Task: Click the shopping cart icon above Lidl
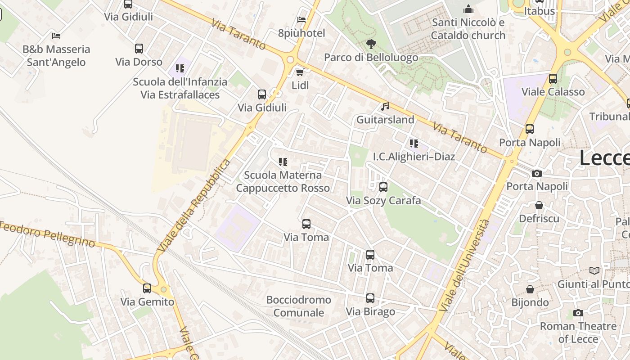pos(300,72)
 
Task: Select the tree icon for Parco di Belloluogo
pos(371,44)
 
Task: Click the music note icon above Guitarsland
pos(385,107)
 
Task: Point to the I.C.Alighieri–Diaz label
pos(414,157)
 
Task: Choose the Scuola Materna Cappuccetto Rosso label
pos(283,181)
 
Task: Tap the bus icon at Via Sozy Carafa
pos(383,187)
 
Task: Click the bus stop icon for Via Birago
pos(370,298)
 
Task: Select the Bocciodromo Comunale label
pos(299,306)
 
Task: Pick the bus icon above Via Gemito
pos(147,288)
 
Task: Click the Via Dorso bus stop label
pos(139,62)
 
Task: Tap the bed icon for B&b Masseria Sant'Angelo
pos(56,36)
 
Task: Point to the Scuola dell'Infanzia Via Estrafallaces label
pos(180,88)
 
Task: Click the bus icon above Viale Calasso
pos(553,79)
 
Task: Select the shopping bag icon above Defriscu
pos(539,206)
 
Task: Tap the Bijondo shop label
pos(530,302)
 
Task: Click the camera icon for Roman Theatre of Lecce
pos(578,313)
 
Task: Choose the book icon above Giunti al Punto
pos(594,271)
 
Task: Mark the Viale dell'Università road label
pos(464,265)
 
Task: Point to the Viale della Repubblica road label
pos(194,205)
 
